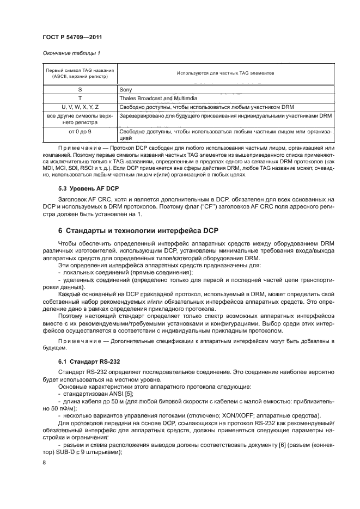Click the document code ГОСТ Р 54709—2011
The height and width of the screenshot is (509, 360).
pos(71,36)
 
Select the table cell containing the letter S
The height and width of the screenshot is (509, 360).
pos(80,89)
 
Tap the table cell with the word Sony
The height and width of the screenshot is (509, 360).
pos(126,89)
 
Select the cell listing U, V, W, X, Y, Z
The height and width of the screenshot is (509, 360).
pos(80,107)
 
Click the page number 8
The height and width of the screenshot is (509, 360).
pos(44,461)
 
